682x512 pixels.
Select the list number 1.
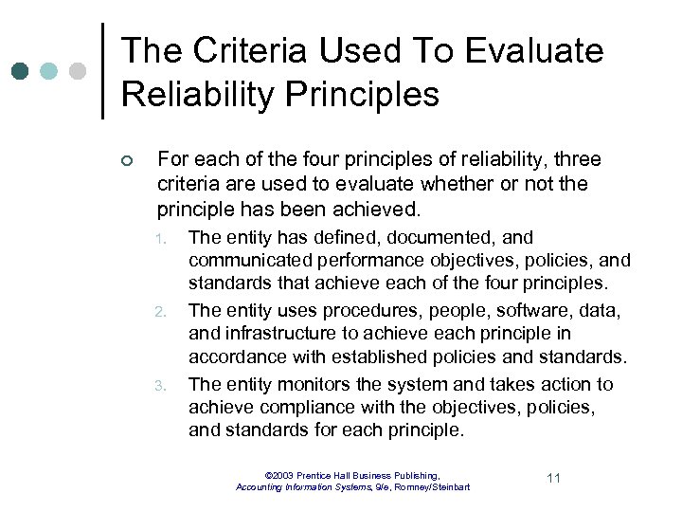click(x=162, y=238)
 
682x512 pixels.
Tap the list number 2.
click(x=162, y=311)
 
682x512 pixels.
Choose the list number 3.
click(x=162, y=385)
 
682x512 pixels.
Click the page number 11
click(x=554, y=478)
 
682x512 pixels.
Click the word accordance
click(x=236, y=357)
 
